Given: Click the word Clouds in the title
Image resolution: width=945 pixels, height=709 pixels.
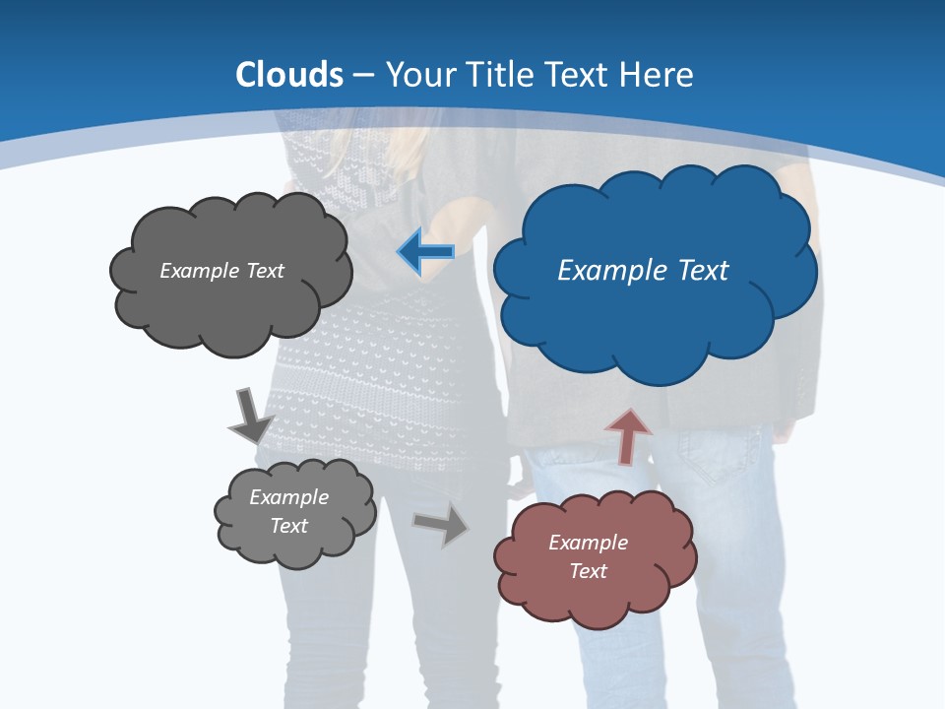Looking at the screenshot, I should [289, 75].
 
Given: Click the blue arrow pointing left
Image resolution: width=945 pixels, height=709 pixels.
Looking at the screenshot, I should [426, 252].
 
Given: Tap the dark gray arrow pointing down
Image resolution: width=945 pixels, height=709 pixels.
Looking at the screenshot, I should [249, 416].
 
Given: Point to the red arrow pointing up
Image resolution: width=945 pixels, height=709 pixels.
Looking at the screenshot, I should [628, 436].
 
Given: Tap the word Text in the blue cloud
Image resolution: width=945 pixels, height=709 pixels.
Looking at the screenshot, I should [703, 271].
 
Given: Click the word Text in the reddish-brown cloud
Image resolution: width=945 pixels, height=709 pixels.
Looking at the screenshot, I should [588, 571].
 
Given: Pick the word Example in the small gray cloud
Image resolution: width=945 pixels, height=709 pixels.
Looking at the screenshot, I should [288, 497].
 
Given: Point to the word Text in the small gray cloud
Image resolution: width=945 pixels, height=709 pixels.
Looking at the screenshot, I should [288, 526].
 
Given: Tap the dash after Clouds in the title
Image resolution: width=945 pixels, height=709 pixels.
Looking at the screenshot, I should [363, 75].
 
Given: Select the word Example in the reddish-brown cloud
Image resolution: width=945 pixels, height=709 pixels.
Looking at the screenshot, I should [588, 543].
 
